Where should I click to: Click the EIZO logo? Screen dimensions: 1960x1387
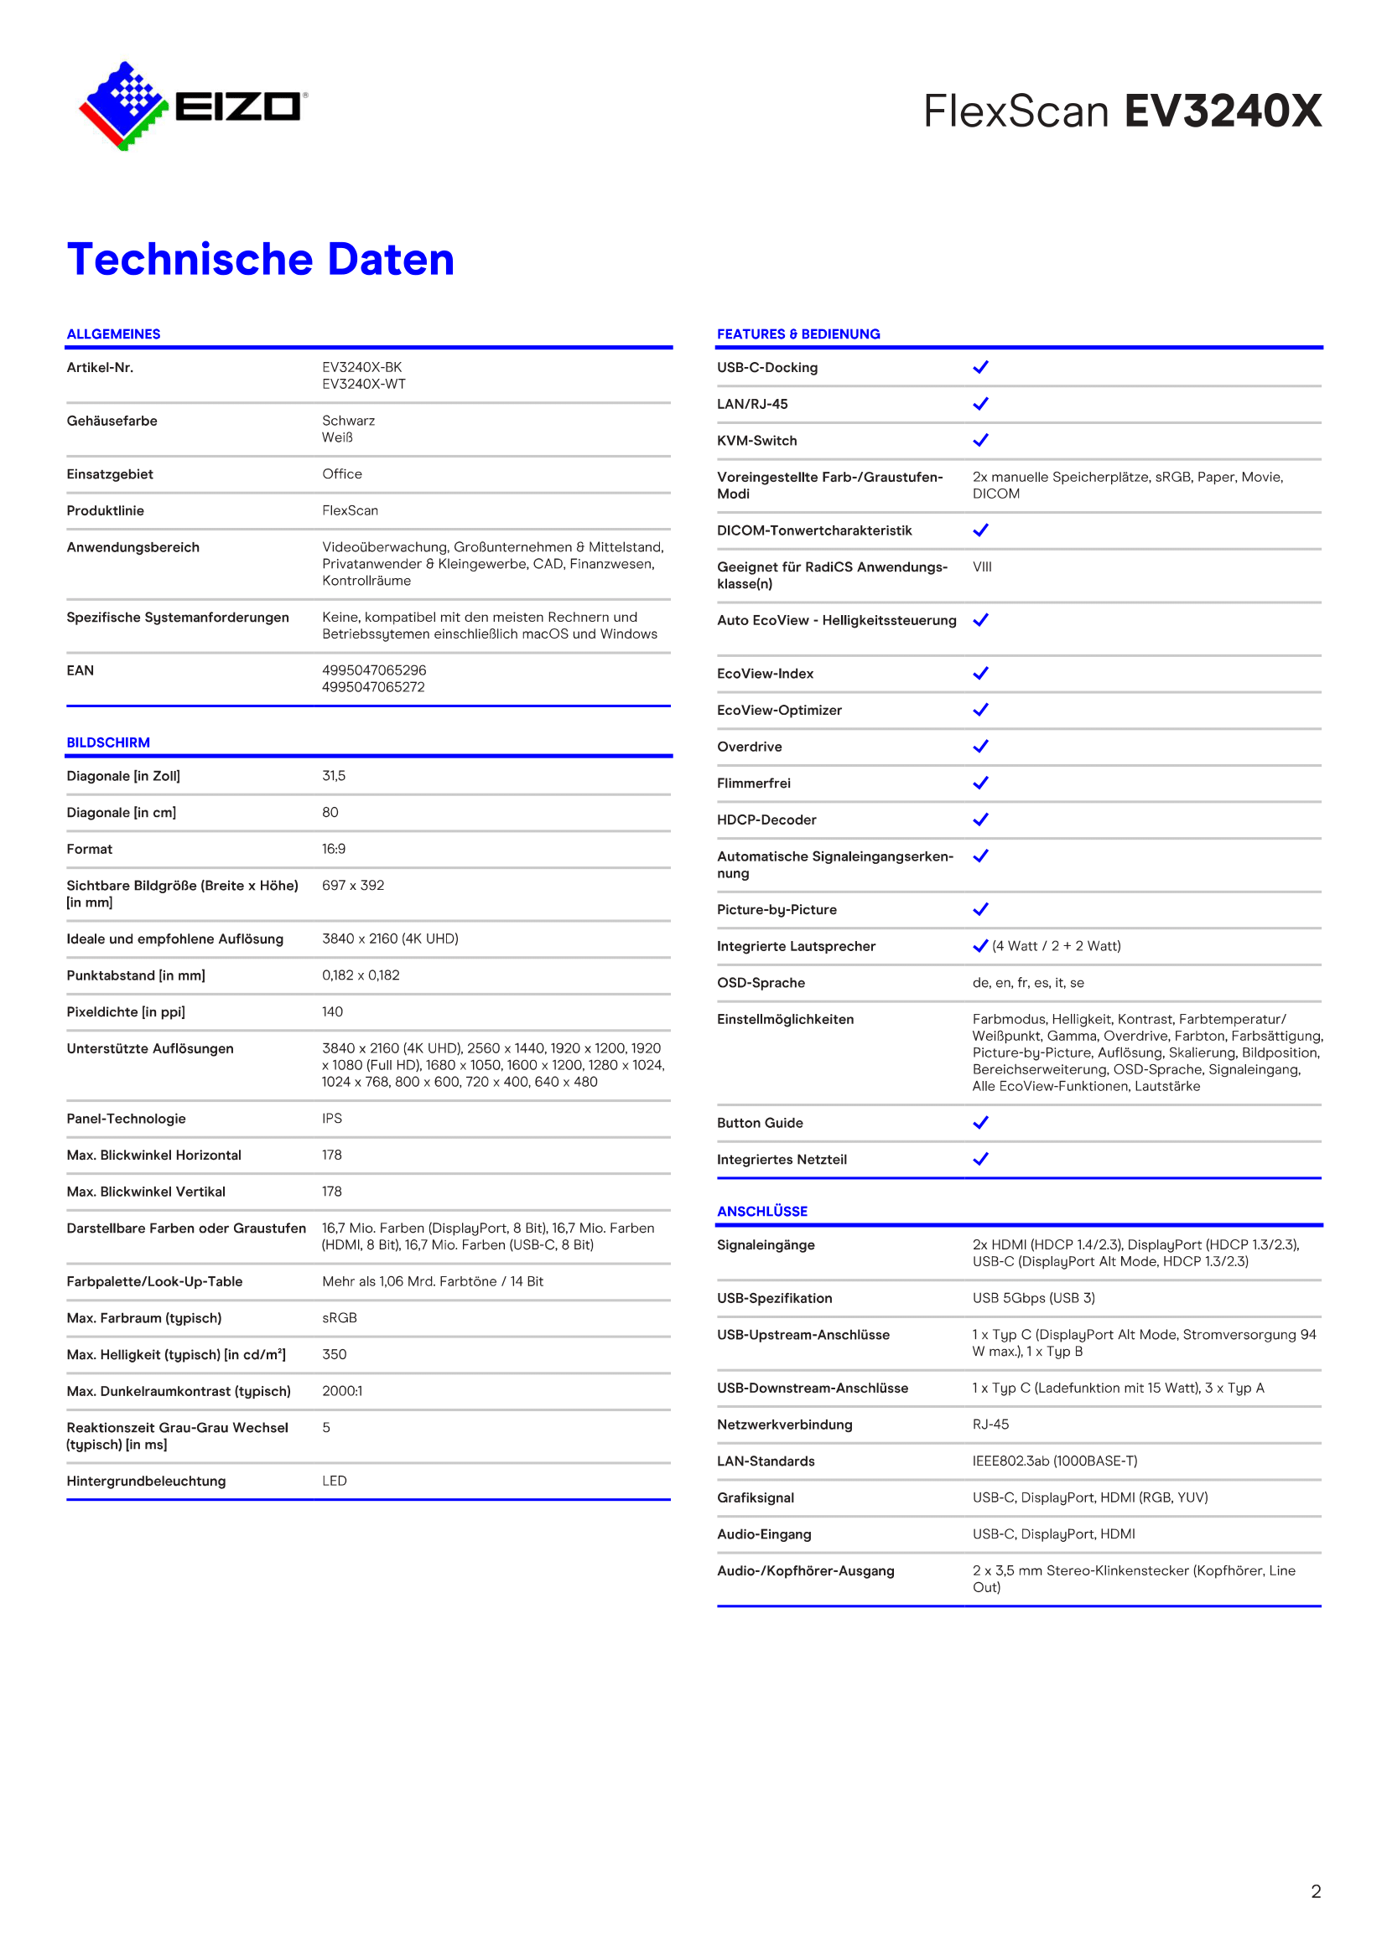tap(193, 106)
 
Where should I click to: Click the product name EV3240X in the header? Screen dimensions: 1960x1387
tap(1222, 111)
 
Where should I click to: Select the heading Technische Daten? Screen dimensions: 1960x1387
tap(261, 260)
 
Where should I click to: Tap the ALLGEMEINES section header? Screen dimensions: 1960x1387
tap(113, 334)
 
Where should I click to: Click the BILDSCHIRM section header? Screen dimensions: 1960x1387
tap(108, 742)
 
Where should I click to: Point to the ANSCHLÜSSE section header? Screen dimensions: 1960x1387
tap(761, 1212)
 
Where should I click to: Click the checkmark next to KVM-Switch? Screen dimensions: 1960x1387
tap(980, 441)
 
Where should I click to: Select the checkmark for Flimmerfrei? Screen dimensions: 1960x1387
tap(980, 783)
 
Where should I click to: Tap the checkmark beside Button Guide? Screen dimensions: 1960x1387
tap(980, 1123)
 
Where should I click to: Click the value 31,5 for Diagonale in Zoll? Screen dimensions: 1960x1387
tap(334, 776)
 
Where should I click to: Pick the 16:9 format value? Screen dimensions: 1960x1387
tap(334, 850)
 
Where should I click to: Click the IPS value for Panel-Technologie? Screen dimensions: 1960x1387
tap(332, 1119)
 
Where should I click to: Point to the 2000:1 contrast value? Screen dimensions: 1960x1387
tap(342, 1391)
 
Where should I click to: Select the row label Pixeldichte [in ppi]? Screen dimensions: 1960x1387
tap(126, 1011)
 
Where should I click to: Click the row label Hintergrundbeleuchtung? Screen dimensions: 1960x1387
tap(146, 1481)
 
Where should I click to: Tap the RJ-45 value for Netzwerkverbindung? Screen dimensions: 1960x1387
tap(990, 1425)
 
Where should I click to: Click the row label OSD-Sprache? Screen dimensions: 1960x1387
tap(761, 983)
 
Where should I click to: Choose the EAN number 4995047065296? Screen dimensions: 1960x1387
tap(374, 671)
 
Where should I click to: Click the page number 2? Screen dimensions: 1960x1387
tap(1316, 1892)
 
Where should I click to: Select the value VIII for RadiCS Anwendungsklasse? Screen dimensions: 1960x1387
tap(982, 566)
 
